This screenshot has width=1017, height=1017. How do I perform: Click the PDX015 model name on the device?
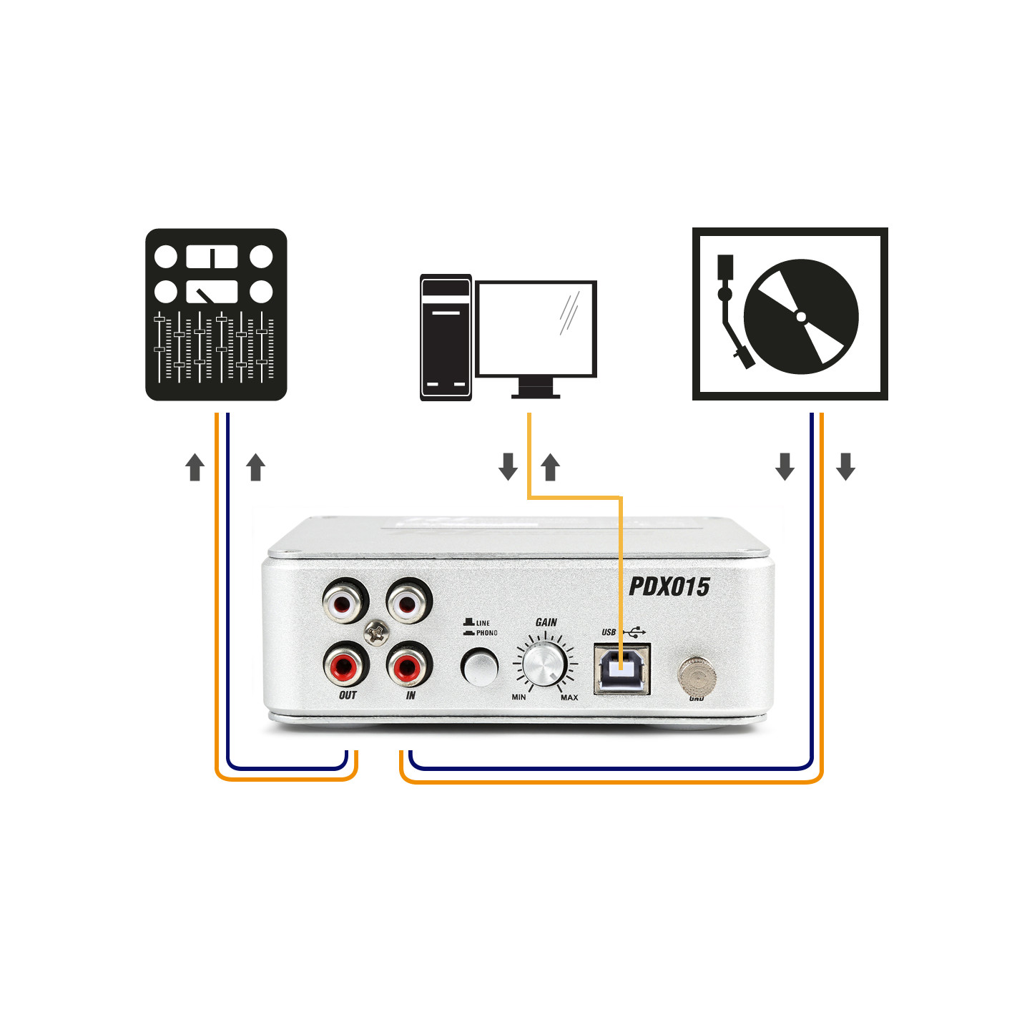[x=669, y=587]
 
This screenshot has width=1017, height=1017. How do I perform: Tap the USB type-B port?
[x=621, y=668]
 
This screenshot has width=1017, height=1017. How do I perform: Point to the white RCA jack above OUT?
[x=345, y=603]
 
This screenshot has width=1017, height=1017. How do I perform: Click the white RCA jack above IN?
[x=408, y=601]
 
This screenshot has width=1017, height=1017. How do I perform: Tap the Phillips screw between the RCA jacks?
[x=377, y=632]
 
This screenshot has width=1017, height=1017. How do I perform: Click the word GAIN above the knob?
[x=546, y=622]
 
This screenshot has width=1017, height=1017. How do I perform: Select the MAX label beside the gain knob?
[x=569, y=697]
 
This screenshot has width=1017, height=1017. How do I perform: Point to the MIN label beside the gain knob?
[x=519, y=697]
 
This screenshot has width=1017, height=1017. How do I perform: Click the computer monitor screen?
[x=536, y=328]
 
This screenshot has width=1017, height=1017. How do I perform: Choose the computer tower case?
[x=446, y=338]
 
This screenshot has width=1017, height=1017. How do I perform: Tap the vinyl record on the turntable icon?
[x=802, y=316]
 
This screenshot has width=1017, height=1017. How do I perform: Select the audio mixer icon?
[x=216, y=314]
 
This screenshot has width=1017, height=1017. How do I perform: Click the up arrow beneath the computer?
[x=550, y=467]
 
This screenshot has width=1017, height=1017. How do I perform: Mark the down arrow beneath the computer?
[x=508, y=466]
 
